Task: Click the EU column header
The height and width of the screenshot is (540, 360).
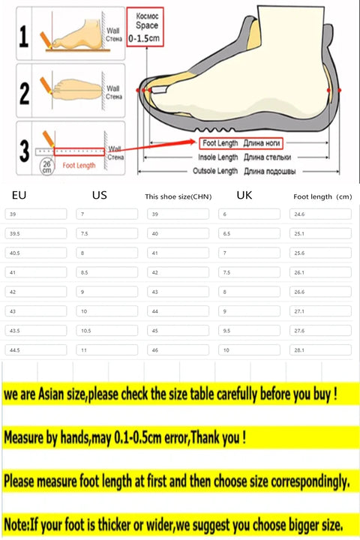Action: point(19,195)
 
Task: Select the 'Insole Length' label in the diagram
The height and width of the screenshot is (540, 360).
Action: point(217,157)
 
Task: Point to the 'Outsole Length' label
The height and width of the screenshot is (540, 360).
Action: point(217,172)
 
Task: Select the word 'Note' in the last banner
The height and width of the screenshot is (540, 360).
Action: point(17,523)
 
